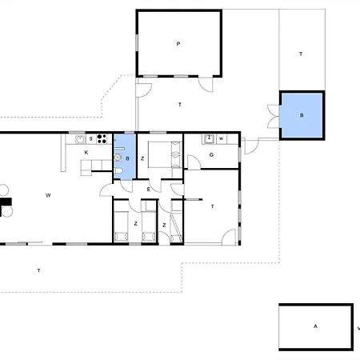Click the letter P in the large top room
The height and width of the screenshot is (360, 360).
click(x=178, y=44)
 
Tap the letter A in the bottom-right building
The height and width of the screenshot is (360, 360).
click(x=315, y=326)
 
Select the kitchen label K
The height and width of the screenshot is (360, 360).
click(x=86, y=153)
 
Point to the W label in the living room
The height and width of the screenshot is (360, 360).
click(x=48, y=195)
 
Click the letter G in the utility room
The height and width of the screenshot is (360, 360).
click(x=211, y=154)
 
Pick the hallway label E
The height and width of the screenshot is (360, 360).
click(x=149, y=190)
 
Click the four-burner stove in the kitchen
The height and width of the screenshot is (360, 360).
click(x=102, y=139)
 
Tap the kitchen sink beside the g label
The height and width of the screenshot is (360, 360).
click(x=80, y=139)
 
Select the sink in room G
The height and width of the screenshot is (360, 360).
click(x=210, y=139)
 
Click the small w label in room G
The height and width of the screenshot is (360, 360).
click(x=221, y=138)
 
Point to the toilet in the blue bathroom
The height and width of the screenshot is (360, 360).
click(x=118, y=171)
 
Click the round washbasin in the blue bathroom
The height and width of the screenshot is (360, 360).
click(x=118, y=158)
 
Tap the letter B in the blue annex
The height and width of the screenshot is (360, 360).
click(x=302, y=115)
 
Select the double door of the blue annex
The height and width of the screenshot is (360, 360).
click(x=274, y=116)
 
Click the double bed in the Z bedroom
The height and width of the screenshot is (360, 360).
click(x=164, y=154)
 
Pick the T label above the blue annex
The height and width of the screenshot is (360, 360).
click(x=301, y=54)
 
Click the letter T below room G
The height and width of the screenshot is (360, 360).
click(x=212, y=206)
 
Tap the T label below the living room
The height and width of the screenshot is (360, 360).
click(x=38, y=270)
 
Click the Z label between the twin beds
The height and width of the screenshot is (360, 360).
click(x=136, y=223)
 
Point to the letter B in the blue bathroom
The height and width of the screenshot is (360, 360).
click(x=127, y=158)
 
